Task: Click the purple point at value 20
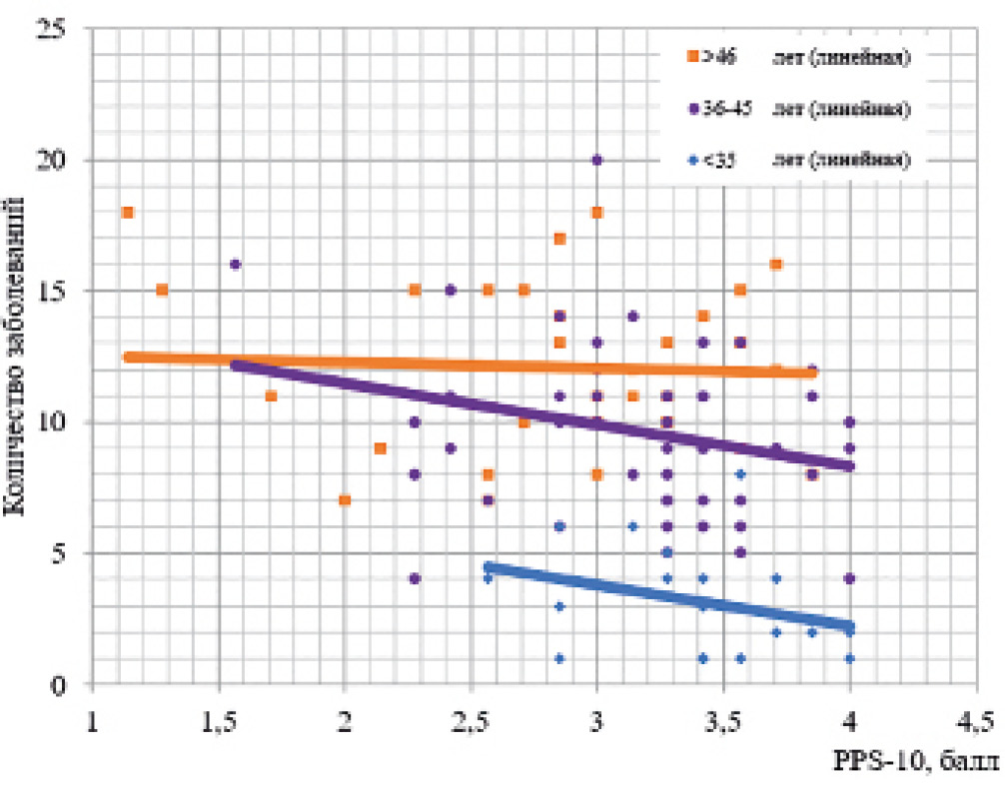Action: (597, 160)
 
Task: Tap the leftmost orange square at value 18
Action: (128, 212)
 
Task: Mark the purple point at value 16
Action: (236, 265)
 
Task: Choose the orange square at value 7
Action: (345, 499)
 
